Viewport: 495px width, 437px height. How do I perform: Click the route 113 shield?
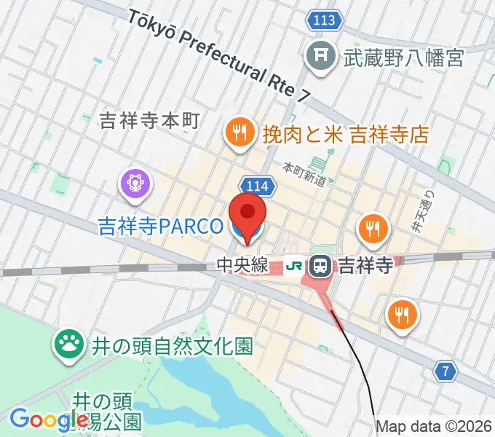tap(321, 20)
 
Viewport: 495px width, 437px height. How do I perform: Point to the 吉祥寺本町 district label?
tap(148, 121)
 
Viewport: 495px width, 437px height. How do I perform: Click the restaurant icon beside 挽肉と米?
tap(237, 133)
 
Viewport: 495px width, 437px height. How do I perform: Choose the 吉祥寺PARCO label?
tap(160, 227)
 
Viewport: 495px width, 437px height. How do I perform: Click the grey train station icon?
tap(320, 267)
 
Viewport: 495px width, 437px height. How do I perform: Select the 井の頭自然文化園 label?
tap(173, 345)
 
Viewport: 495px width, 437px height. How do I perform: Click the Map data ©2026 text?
tap(434, 427)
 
